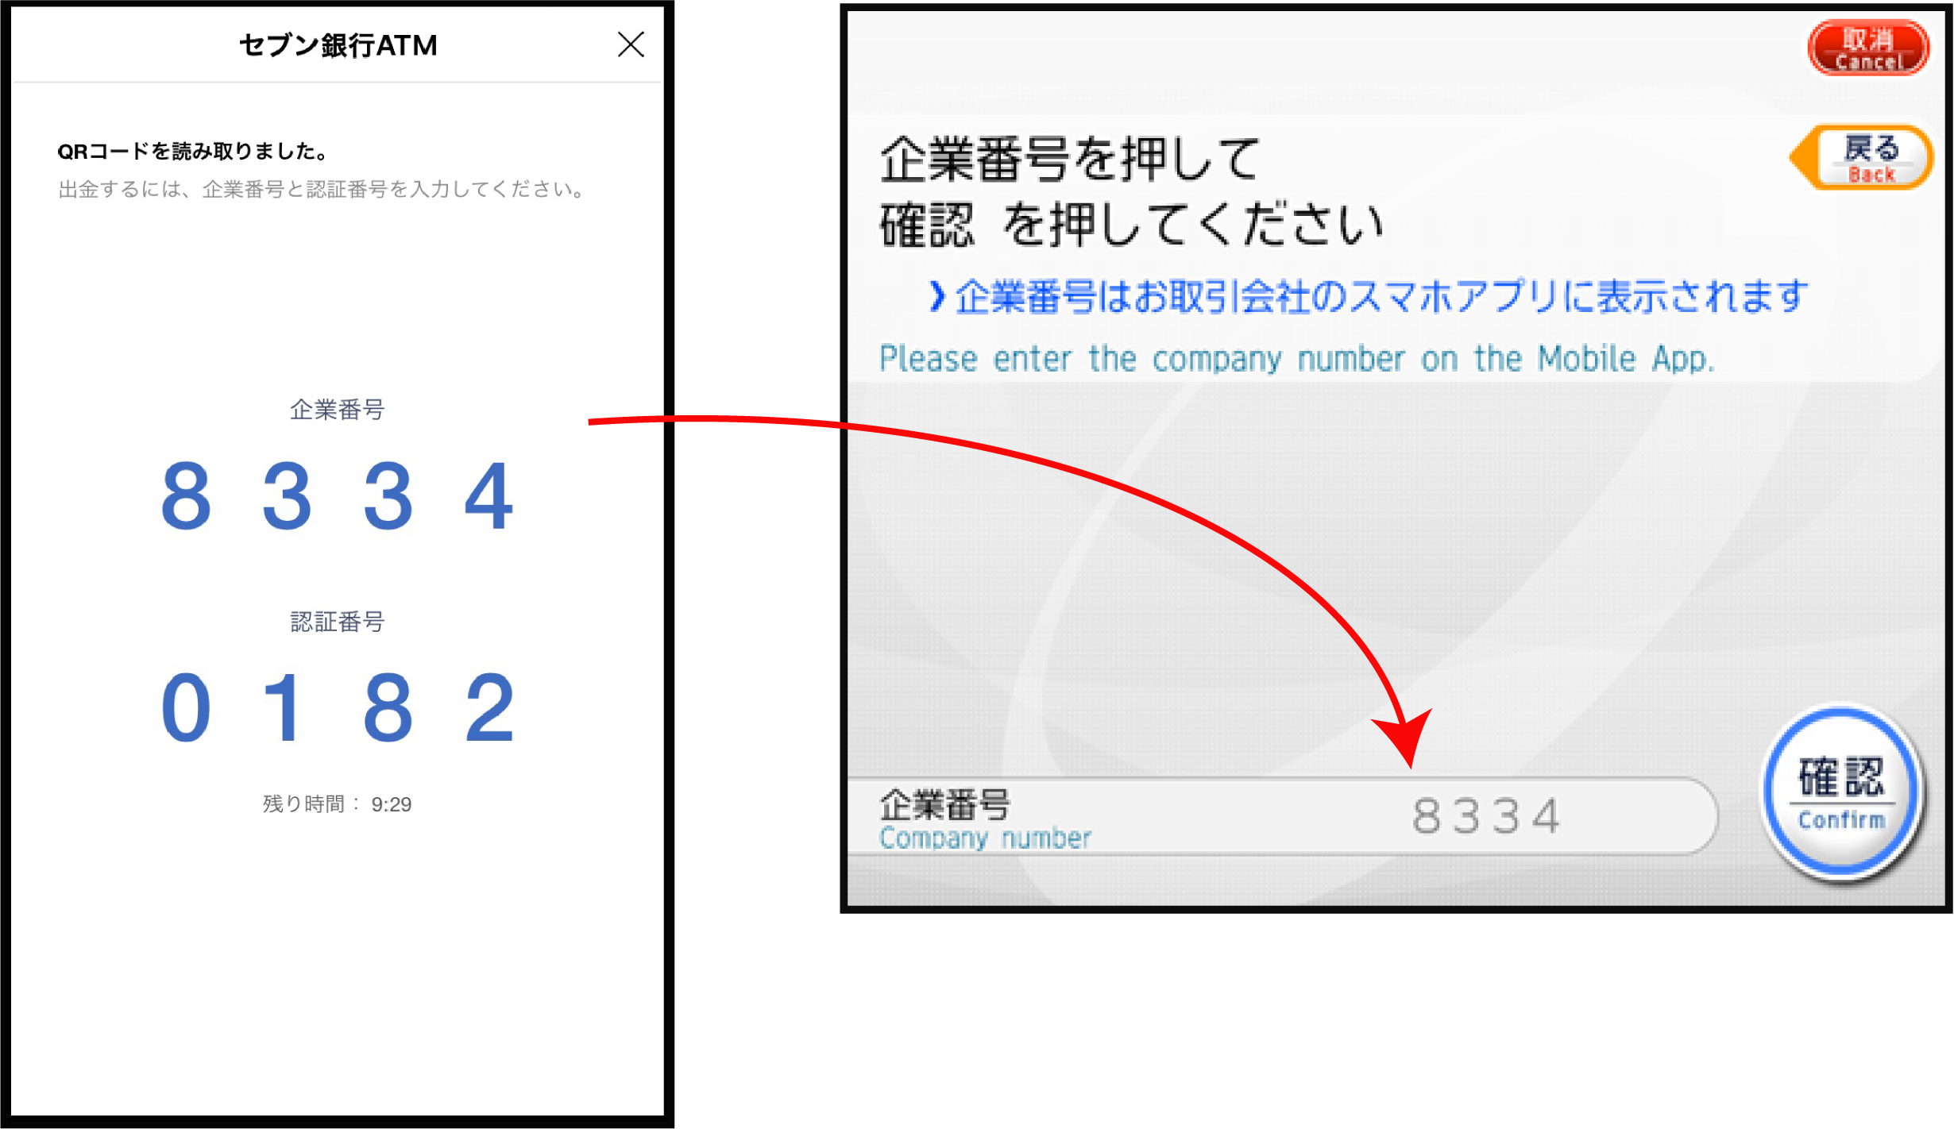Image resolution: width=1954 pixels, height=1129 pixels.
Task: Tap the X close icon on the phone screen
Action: pyautogui.click(x=631, y=44)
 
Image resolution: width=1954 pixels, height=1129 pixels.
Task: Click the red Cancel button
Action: pyautogui.click(x=1868, y=48)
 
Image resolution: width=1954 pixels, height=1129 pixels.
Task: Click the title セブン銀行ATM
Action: pyautogui.click(x=338, y=45)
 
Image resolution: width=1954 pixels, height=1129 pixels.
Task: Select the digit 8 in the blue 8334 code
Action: pyautogui.click(x=186, y=495)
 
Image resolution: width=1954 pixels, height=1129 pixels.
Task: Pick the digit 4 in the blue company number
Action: pyautogui.click(x=489, y=495)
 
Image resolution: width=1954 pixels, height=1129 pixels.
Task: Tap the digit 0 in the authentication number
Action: pyautogui.click(x=186, y=707)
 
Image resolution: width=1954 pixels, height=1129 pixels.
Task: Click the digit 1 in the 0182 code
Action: pyautogui.click(x=284, y=707)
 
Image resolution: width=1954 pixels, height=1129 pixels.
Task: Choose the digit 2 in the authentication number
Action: pyautogui.click(x=489, y=707)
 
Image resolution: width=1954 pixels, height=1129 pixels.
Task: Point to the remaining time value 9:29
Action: pyautogui.click(x=392, y=804)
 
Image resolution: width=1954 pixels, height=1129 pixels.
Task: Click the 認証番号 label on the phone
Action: pyautogui.click(x=338, y=621)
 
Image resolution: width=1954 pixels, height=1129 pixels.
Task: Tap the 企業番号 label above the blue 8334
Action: pyautogui.click(x=338, y=409)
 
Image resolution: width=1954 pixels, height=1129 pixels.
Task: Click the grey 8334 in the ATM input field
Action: pyautogui.click(x=1485, y=816)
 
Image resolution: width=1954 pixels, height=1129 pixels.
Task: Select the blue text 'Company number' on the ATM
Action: pyautogui.click(x=985, y=838)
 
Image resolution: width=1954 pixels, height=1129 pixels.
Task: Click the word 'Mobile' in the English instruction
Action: pyautogui.click(x=1586, y=359)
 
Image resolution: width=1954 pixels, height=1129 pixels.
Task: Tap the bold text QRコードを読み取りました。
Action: pyautogui.click(x=193, y=151)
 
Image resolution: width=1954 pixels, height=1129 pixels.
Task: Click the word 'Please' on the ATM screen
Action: pyautogui.click(x=928, y=359)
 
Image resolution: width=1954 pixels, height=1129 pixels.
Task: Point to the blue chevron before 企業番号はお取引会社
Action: pyautogui.click(x=937, y=297)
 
